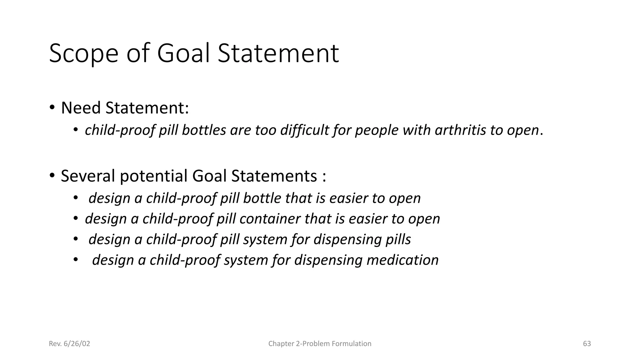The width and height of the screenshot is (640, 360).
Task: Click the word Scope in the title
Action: coord(83,54)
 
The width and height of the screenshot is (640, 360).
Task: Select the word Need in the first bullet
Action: coord(81,108)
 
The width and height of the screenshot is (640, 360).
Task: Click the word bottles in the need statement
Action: coord(204,130)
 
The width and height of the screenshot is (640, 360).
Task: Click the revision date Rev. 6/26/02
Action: coord(69,344)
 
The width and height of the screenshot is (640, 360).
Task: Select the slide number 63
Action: coord(587,344)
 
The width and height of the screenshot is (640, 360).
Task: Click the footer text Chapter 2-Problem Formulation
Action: coord(320,344)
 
